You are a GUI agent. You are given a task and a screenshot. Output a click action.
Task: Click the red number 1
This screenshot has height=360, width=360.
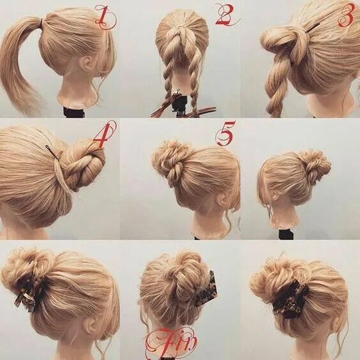tap(103, 17)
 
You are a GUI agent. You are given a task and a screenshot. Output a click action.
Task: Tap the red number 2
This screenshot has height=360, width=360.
tap(225, 15)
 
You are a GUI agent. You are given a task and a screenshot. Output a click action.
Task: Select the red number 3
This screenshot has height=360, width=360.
tap(345, 15)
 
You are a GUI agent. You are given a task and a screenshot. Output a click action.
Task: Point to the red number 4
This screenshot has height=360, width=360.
tap(103, 134)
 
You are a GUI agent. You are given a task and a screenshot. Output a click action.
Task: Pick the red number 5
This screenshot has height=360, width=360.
tap(225, 134)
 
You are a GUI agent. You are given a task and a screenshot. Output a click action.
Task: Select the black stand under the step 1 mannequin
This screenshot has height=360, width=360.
tap(74, 112)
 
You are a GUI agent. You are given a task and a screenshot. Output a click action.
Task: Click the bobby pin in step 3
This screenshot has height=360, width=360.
tap(312, 27)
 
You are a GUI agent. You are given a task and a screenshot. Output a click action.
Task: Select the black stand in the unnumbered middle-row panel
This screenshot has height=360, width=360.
tap(285, 234)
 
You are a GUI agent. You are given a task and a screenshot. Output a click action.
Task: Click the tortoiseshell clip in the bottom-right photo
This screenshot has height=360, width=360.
tap(291, 299)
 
